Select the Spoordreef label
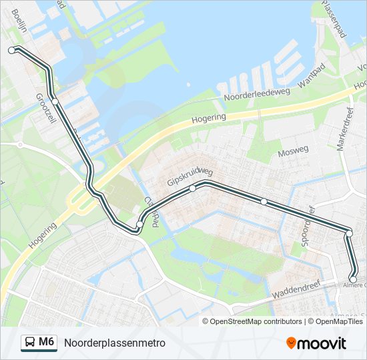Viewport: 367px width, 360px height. [307, 226]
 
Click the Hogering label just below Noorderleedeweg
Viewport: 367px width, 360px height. [209, 117]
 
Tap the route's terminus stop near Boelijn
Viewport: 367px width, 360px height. [11, 50]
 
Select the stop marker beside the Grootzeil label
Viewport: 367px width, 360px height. [55, 101]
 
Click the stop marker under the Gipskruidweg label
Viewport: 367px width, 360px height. [192, 189]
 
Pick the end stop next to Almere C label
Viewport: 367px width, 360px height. [353, 279]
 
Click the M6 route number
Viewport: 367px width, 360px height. [46, 342]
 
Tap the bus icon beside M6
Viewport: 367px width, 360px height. [30, 343]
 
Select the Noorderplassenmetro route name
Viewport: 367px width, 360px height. [114, 343]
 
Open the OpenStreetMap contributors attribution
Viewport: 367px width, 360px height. [256, 321]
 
